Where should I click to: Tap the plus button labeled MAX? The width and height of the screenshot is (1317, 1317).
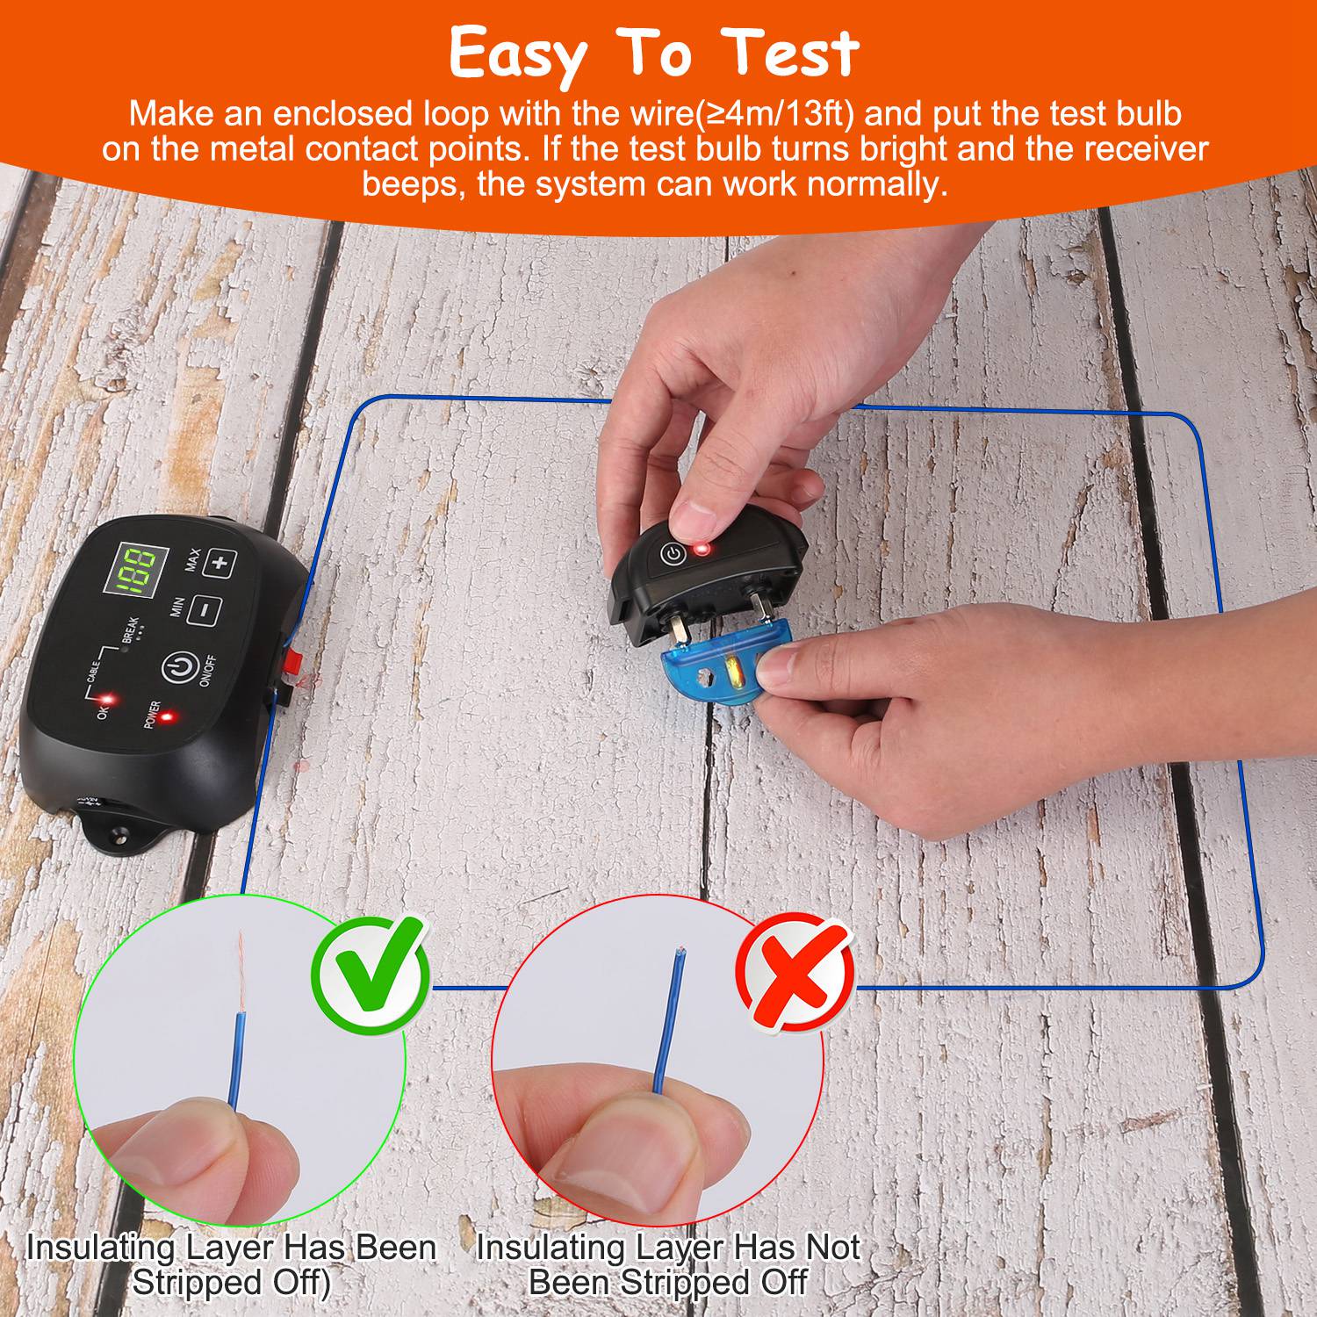[219, 562]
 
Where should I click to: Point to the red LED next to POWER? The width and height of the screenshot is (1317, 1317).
[164, 716]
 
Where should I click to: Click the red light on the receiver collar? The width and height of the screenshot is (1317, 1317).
[701, 551]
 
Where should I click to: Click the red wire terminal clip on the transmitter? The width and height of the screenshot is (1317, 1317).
[290, 663]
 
